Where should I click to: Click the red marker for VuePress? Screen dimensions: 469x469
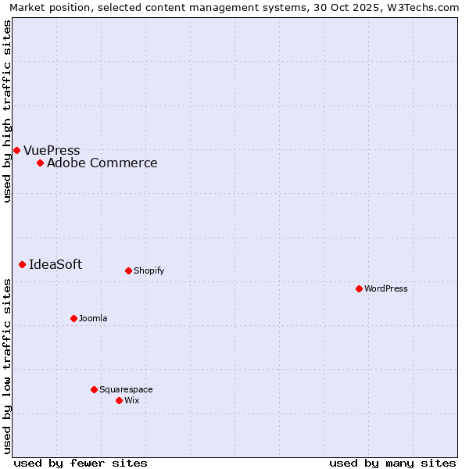16,150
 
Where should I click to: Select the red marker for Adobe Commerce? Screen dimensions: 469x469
40,163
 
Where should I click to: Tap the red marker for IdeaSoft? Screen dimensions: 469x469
22,264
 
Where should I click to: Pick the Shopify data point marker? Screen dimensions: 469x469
128,270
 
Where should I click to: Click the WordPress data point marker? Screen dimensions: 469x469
359,288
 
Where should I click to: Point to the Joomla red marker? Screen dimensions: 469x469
73,318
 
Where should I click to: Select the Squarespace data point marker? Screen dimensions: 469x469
94,389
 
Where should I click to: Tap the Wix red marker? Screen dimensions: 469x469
119,400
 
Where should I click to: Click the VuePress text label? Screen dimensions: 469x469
52,151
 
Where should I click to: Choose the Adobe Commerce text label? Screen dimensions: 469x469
102,163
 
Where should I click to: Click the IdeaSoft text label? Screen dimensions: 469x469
55,265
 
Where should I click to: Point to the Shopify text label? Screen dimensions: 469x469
149,271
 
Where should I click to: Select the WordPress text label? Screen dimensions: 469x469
386,289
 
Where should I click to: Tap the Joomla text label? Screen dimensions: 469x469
93,319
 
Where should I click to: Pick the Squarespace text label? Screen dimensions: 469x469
126,390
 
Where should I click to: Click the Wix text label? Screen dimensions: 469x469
131,401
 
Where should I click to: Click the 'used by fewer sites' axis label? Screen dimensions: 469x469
81,463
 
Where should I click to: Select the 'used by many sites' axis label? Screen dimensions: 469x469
392,463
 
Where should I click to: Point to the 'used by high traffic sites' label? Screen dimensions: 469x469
7,111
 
